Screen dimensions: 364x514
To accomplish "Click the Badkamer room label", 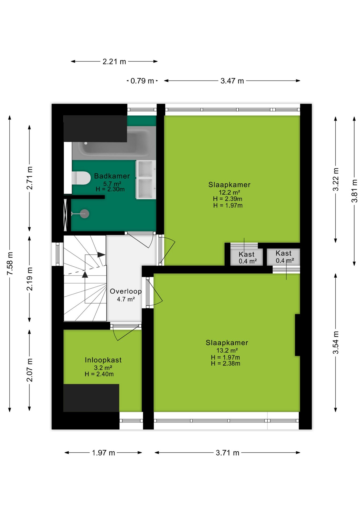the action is (x=112, y=176).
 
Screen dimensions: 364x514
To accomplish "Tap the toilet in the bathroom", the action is (x=81, y=178).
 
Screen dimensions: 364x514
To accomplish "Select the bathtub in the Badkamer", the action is (x=114, y=143).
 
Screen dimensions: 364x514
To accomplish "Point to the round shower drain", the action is (x=85, y=214).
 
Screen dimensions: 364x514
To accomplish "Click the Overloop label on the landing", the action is (x=126, y=291).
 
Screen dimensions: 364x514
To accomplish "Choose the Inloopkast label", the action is (x=103, y=360).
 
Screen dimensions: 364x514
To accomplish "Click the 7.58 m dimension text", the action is (x=10, y=263).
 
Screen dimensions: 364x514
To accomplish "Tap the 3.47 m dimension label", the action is (x=232, y=81).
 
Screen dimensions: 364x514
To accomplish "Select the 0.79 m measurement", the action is (x=142, y=81).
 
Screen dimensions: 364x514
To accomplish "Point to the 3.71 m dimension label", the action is (x=228, y=453).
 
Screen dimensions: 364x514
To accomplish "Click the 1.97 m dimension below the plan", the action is (x=103, y=453).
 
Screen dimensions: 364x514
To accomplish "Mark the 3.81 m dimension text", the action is (x=354, y=191).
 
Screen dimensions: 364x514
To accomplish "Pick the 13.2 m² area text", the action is (x=227, y=350).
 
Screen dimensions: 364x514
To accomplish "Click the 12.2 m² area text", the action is (x=229, y=192).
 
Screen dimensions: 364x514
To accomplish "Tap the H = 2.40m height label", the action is (x=99, y=374).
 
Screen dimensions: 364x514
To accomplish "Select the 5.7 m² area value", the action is (x=112, y=184).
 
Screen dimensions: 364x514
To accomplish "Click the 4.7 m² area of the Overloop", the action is (x=126, y=299).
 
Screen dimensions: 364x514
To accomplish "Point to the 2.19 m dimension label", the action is (x=29, y=279).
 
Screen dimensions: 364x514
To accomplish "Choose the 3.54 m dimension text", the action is (x=336, y=342).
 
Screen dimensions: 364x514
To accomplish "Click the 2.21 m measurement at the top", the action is (x=114, y=62).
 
